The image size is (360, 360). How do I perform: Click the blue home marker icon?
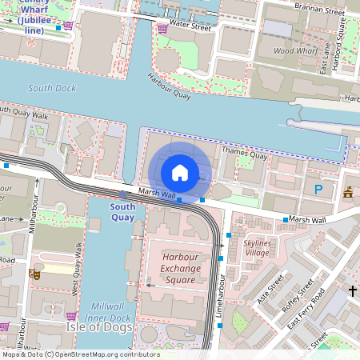tap(180, 172)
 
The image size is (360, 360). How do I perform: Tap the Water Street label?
tap(190, 26)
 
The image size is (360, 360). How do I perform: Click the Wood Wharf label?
tap(294, 50)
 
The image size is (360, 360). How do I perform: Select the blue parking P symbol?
tap(318, 190)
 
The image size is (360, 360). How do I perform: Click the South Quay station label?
tap(122, 212)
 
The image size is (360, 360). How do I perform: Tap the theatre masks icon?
tap(34, 274)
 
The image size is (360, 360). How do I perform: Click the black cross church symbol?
tap(352, 291)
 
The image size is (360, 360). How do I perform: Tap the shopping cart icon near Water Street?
tap(162, 27)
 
